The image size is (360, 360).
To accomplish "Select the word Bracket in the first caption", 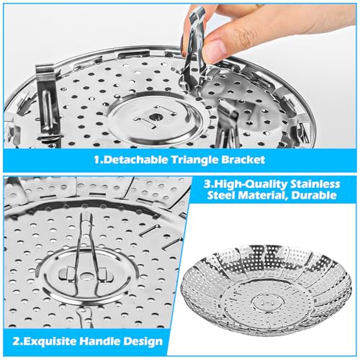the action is point(243,160).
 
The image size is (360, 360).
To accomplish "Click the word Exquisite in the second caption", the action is point(49,341).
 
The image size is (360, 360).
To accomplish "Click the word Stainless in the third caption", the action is point(315,184).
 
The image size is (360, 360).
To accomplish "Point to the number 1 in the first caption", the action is point(96,160).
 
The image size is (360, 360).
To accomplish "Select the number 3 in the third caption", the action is point(207,184).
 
